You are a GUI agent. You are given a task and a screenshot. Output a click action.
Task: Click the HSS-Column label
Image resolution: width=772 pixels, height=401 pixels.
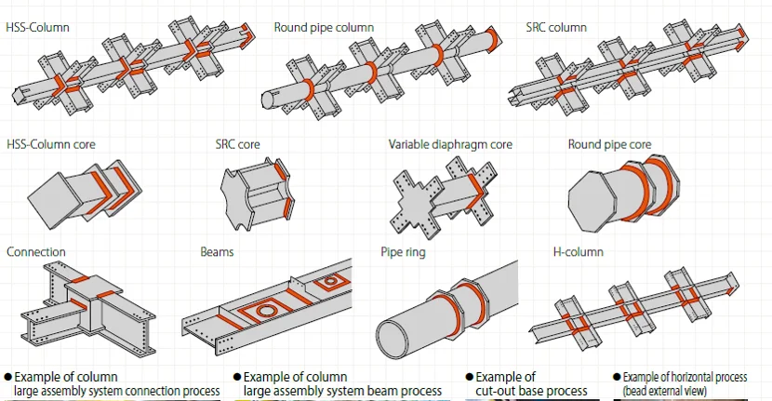click(x=37, y=27)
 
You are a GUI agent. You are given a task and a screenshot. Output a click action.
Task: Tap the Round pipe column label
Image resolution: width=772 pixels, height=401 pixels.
click(x=324, y=28)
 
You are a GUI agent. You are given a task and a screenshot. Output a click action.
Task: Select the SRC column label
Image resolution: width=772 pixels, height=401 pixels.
click(x=556, y=27)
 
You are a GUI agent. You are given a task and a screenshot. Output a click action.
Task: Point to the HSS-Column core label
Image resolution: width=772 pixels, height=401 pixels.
click(x=51, y=144)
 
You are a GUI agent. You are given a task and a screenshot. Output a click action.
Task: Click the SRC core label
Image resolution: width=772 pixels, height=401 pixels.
click(x=237, y=144)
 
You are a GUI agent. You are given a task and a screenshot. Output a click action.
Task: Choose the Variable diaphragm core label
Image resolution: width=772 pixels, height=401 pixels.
click(x=450, y=144)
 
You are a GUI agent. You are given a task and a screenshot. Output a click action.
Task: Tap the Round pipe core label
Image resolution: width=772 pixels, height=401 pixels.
click(x=609, y=144)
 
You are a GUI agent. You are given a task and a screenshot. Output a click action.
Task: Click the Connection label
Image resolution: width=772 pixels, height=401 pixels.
click(x=36, y=252)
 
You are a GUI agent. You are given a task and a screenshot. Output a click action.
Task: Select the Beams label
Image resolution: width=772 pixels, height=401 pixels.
click(x=217, y=252)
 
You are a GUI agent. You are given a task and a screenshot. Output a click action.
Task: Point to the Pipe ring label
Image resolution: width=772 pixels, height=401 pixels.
click(x=403, y=252)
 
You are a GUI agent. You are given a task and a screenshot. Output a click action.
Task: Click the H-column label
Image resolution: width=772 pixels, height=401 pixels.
click(x=578, y=252)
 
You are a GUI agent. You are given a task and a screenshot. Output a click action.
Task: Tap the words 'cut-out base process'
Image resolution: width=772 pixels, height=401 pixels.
click(x=531, y=391)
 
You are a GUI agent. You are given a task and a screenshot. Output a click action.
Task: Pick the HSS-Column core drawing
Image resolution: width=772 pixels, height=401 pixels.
click(x=85, y=191)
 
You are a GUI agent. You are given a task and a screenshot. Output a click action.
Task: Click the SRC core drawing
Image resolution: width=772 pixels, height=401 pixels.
click(x=257, y=194)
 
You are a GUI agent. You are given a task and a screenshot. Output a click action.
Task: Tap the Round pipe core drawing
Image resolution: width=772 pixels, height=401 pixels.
click(x=624, y=194)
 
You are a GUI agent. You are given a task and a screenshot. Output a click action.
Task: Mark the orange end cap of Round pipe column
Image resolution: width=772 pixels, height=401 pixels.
click(x=493, y=38)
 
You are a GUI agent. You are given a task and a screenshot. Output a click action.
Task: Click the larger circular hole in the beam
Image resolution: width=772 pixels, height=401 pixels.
click(x=266, y=311)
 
